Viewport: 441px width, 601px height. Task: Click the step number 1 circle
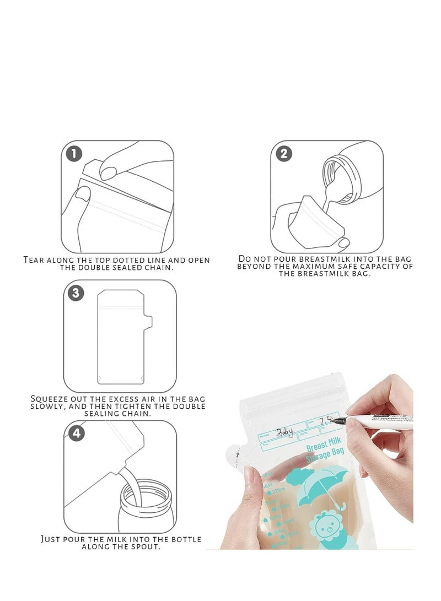click(74, 153)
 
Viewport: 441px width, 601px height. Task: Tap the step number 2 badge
click(283, 153)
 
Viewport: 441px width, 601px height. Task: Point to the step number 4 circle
click(77, 434)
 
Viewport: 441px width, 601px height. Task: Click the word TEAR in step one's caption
click(36, 259)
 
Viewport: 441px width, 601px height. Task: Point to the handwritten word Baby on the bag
click(285, 432)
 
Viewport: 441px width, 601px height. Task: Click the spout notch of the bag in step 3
click(149, 321)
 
